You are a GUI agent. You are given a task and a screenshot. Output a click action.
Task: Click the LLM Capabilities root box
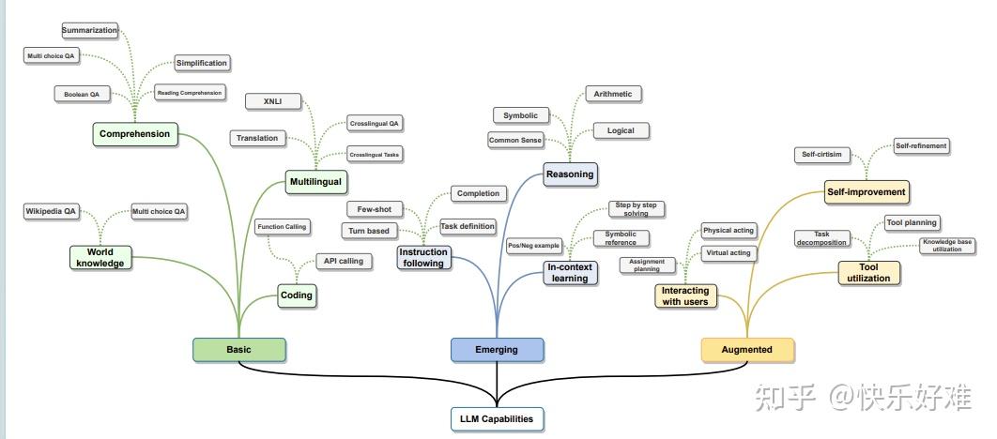[497, 418]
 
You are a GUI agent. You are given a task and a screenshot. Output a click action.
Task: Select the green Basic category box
[238, 350]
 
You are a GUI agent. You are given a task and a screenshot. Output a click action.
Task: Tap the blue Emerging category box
[497, 350]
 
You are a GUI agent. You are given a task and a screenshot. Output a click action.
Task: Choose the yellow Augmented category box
[747, 350]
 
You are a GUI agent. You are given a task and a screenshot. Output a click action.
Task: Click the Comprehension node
[135, 134]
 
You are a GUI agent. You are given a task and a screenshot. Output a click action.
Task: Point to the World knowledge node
[100, 257]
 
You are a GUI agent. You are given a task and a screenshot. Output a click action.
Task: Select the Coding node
[297, 295]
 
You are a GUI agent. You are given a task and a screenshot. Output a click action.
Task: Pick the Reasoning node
[570, 174]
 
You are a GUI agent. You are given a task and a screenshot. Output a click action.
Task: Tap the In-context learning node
[570, 272]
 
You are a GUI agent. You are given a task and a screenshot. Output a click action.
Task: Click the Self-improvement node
[867, 192]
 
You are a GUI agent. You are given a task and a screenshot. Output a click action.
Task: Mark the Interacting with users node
[685, 296]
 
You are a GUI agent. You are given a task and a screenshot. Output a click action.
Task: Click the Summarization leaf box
[90, 30]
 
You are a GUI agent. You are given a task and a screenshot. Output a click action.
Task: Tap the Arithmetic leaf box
[613, 94]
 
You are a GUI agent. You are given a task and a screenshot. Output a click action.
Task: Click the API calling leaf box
[343, 261]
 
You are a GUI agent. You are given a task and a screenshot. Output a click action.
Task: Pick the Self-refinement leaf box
[921, 146]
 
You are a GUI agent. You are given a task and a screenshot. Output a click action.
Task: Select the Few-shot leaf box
[375, 208]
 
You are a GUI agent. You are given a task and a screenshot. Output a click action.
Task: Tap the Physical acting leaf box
[729, 231]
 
